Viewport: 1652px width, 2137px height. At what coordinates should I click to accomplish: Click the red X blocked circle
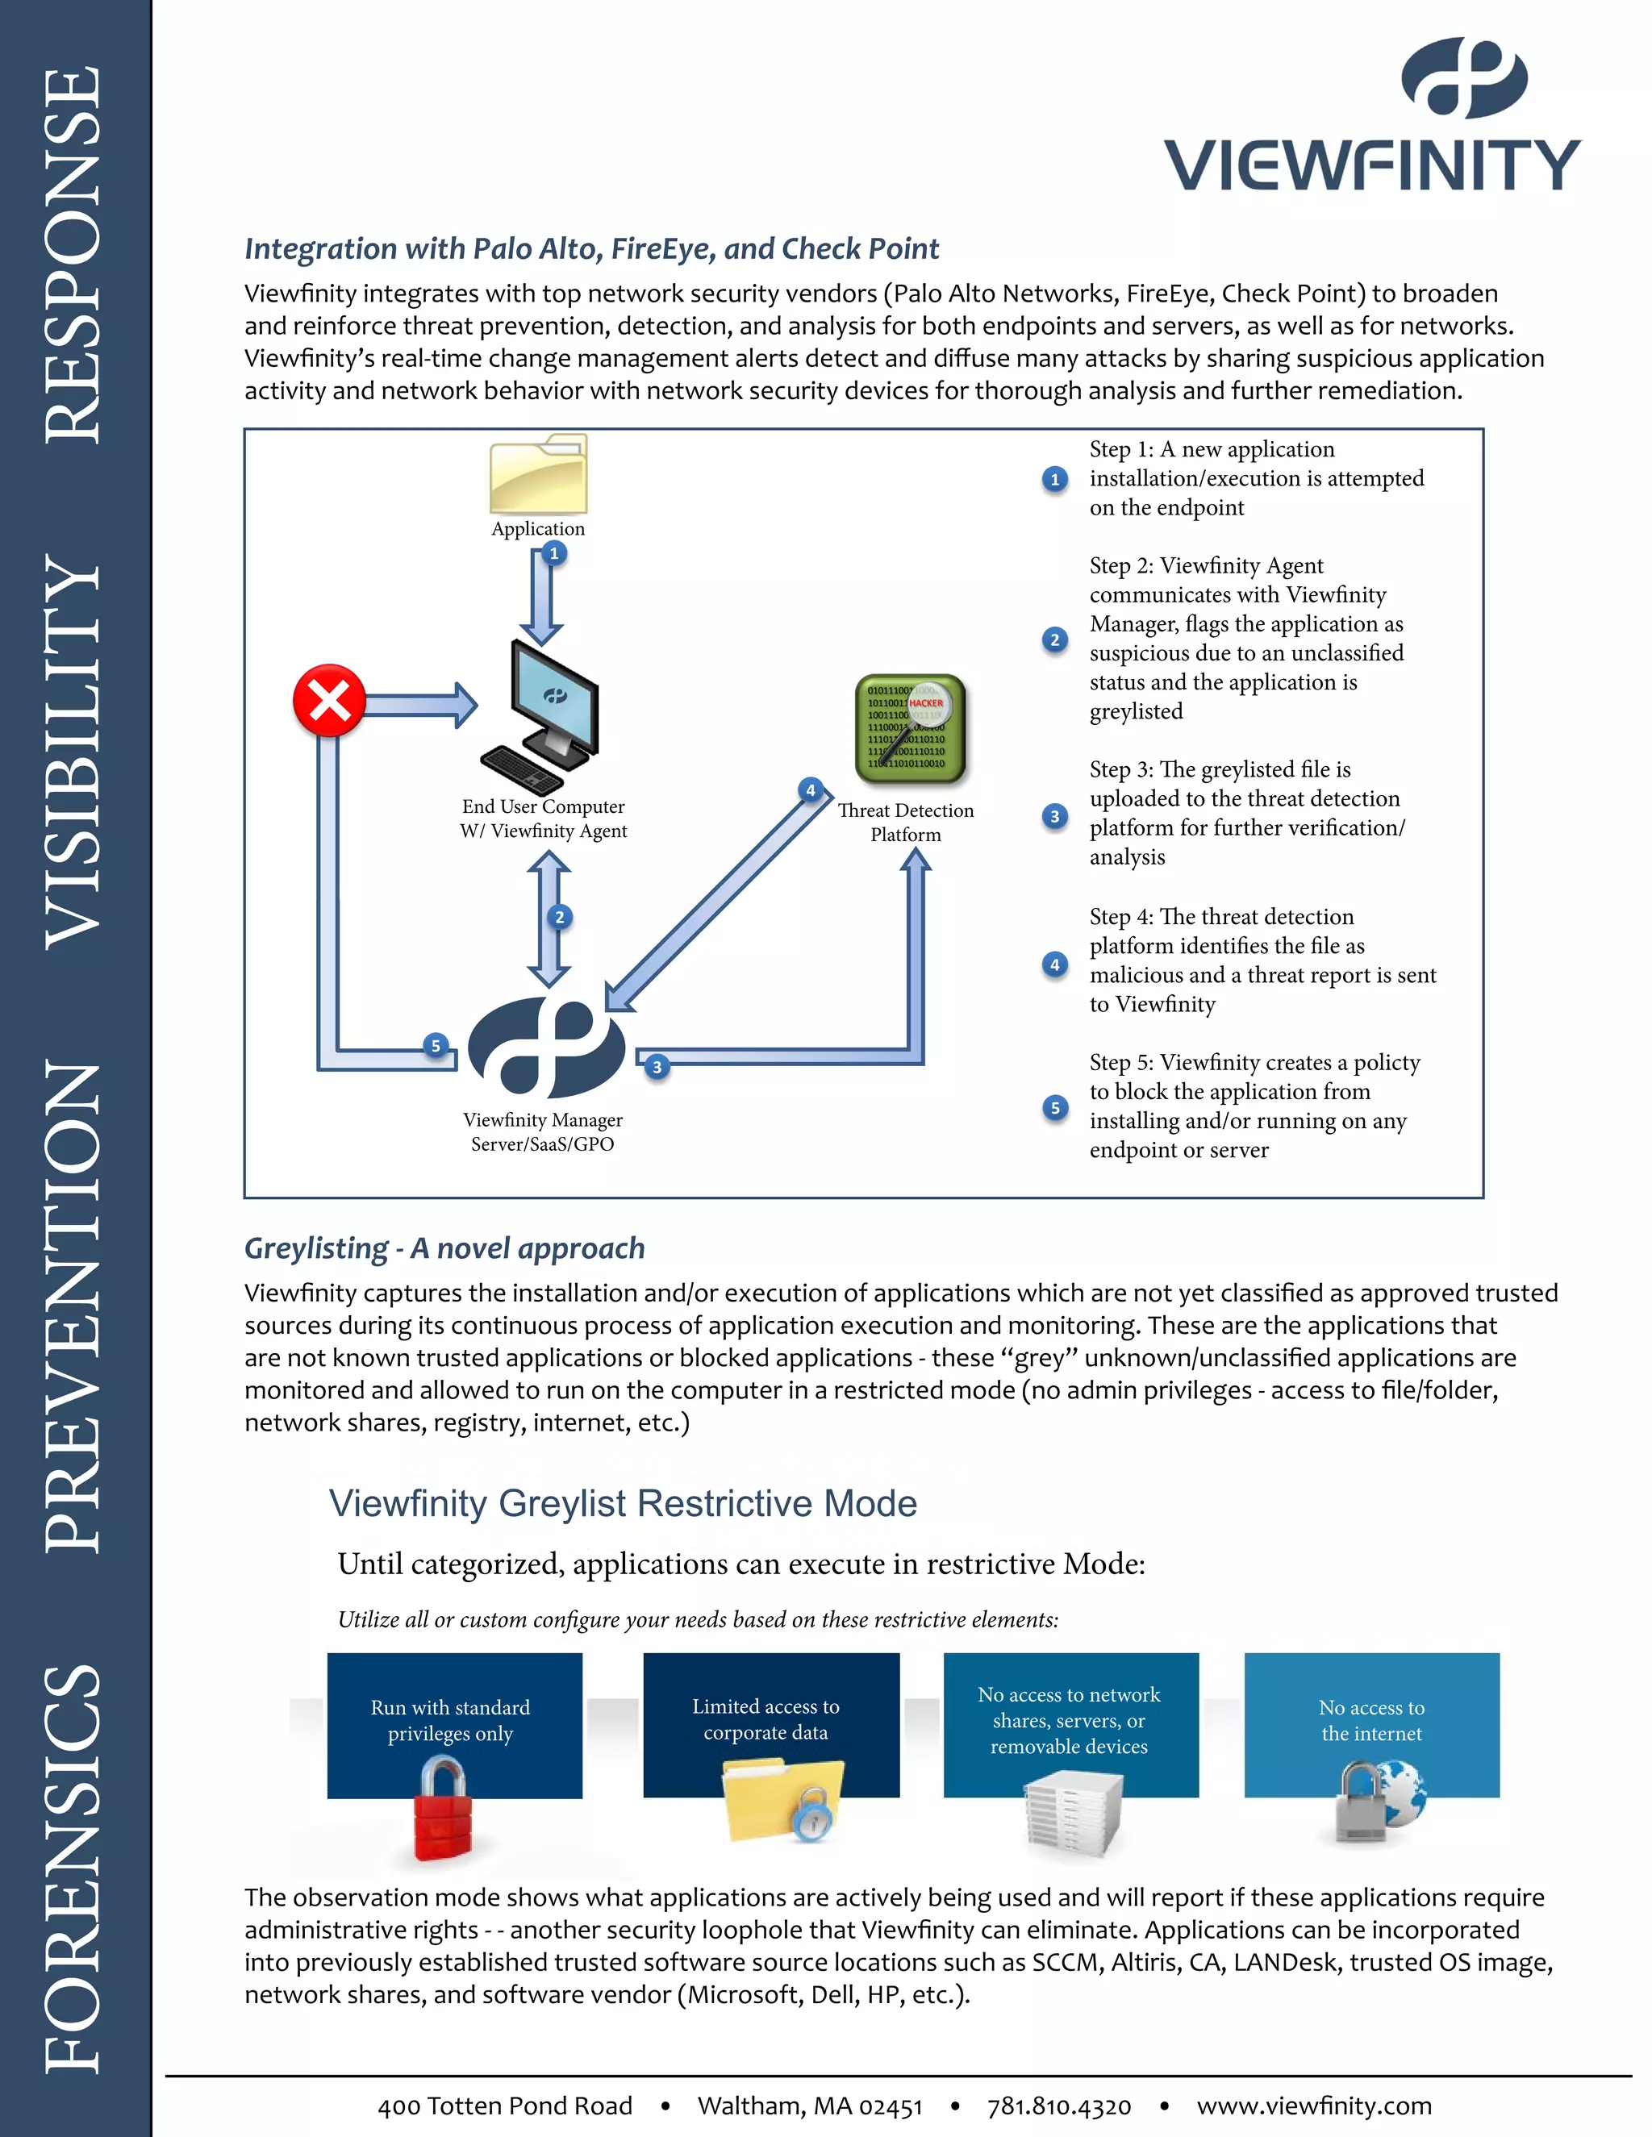[x=330, y=701]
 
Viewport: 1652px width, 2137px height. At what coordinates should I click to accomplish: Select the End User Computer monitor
[x=554, y=697]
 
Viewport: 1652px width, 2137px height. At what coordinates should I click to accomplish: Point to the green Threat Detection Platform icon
[x=910, y=729]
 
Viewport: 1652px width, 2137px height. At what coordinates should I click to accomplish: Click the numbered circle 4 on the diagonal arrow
[x=811, y=789]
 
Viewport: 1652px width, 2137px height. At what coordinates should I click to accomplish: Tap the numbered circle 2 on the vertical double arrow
[x=560, y=917]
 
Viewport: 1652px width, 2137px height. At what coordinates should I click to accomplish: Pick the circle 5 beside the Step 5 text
[x=1055, y=1108]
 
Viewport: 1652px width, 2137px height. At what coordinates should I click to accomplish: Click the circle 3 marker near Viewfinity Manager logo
[x=657, y=1067]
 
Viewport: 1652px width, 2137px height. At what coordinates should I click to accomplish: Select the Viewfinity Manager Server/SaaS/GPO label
[x=543, y=1132]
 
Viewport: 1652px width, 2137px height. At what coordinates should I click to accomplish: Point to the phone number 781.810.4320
[x=1059, y=2106]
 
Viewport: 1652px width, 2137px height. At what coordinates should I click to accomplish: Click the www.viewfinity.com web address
[x=1313, y=2106]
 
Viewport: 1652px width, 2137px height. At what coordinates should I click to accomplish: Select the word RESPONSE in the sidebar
[x=74, y=254]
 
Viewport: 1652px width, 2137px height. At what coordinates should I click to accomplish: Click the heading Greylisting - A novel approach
[x=444, y=1248]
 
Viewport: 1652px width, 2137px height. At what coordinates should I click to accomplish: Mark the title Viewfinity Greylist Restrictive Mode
[x=623, y=1503]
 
